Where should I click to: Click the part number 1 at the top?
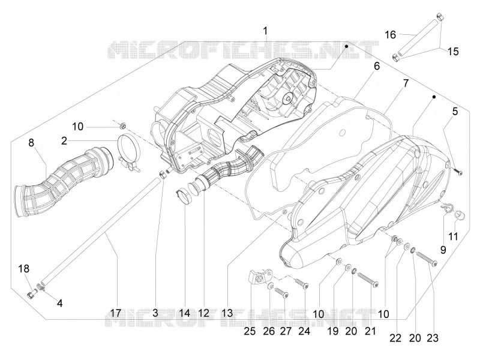(x=265, y=31)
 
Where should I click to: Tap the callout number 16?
(x=391, y=35)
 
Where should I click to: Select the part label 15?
(x=453, y=51)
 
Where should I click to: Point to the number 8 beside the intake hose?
(x=31, y=143)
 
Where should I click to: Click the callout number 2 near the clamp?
(x=64, y=141)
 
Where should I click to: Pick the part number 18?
(x=23, y=268)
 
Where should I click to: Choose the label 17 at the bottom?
(x=115, y=313)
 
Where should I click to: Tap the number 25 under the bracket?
(x=250, y=331)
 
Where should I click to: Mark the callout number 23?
(x=433, y=338)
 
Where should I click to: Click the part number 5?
(x=455, y=112)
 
